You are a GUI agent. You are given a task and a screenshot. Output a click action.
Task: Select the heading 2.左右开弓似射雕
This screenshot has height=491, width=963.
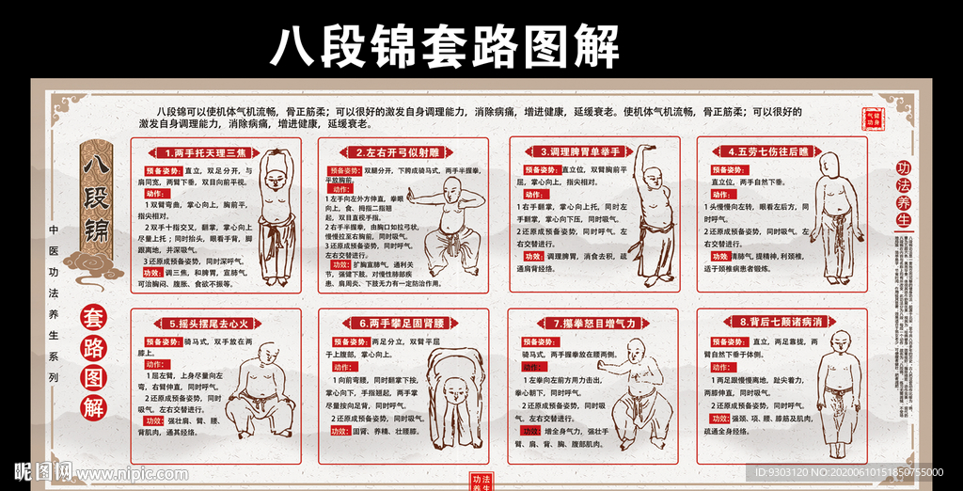pyautogui.click(x=388, y=151)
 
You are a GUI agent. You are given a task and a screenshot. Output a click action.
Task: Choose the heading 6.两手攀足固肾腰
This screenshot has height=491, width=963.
pyautogui.click(x=388, y=323)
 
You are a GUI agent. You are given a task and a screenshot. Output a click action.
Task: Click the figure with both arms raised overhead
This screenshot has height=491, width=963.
pyautogui.click(x=276, y=216)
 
